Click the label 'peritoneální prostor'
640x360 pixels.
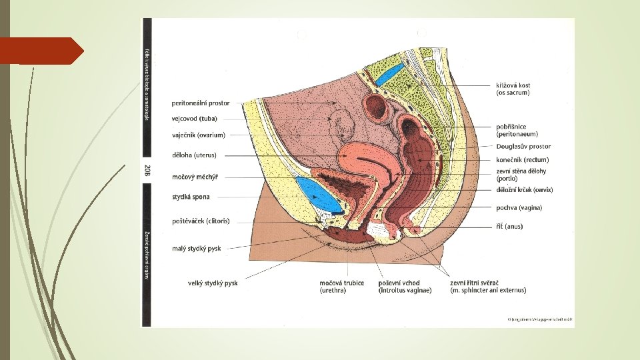[201, 103]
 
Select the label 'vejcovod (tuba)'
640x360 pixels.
[195, 119]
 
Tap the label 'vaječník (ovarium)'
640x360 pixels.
[199, 135]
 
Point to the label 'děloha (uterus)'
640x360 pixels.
[194, 156]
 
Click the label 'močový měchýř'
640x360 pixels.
[195, 177]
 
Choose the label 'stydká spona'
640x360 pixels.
[191, 197]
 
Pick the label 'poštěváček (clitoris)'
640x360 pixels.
[201, 221]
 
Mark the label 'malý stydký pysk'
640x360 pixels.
[196, 249]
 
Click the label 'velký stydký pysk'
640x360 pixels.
[213, 283]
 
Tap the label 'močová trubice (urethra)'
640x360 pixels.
[342, 287]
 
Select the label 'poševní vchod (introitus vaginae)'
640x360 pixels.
[405, 287]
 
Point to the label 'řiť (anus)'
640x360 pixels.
[509, 227]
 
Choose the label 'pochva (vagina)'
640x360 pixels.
[519, 208]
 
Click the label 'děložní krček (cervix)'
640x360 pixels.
[525, 190]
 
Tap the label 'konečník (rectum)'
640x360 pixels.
[523, 160]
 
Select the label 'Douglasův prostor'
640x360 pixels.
[523, 147]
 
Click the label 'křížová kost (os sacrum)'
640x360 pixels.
[513, 89]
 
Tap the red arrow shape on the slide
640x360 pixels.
[41, 51]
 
